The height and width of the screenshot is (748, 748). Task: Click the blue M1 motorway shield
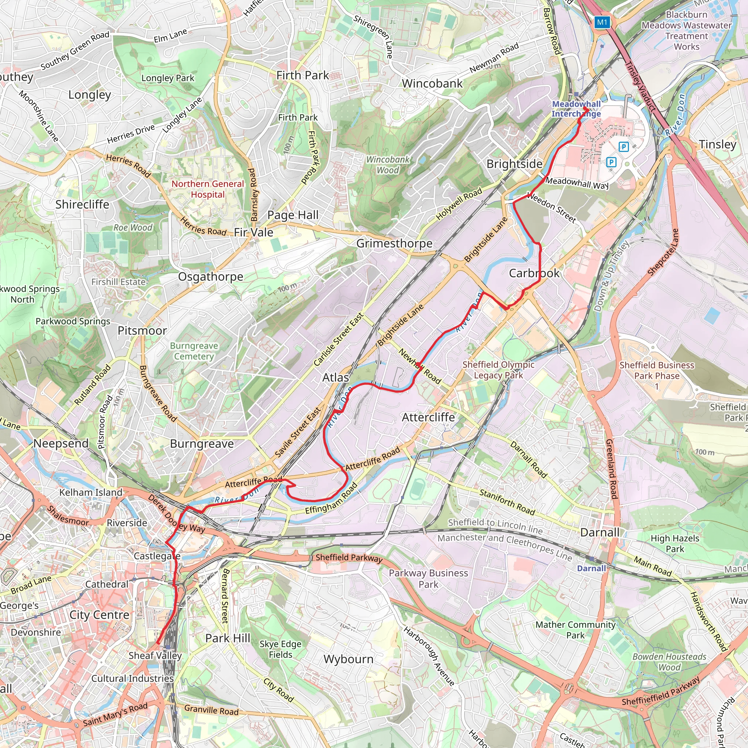point(602,22)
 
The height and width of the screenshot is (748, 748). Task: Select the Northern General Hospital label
point(207,189)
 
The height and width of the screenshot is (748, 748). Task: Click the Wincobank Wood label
point(388,165)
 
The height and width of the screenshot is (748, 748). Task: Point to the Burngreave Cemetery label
point(194,351)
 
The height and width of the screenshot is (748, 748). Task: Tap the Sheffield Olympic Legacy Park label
point(498,370)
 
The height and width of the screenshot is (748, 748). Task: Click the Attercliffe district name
point(428,417)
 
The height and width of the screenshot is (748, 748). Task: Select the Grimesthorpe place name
point(394,243)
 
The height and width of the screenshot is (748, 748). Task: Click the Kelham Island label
point(91,492)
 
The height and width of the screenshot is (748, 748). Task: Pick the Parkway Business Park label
point(428,579)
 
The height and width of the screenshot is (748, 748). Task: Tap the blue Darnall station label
point(591,568)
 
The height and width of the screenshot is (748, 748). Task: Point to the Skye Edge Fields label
point(280,649)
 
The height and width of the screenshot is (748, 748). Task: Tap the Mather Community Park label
point(575,630)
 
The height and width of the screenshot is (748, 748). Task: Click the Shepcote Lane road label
point(664,252)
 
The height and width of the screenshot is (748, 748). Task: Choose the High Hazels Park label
point(675,543)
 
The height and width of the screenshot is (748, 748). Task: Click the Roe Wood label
point(133,227)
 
